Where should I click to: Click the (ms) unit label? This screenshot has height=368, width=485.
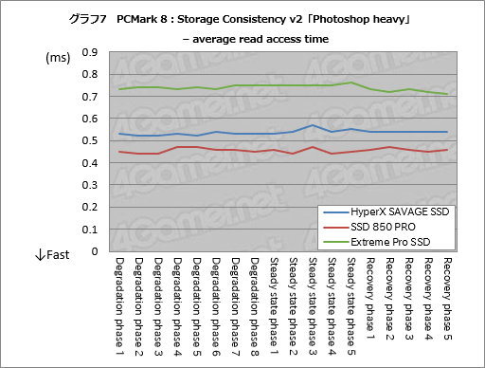click(58, 58)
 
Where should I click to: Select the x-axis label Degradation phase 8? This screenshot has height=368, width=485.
click(254, 300)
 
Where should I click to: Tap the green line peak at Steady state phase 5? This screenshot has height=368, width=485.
click(351, 83)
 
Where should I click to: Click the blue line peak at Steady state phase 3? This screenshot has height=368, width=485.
click(313, 125)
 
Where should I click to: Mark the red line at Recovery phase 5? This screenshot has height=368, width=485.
click(446, 150)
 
